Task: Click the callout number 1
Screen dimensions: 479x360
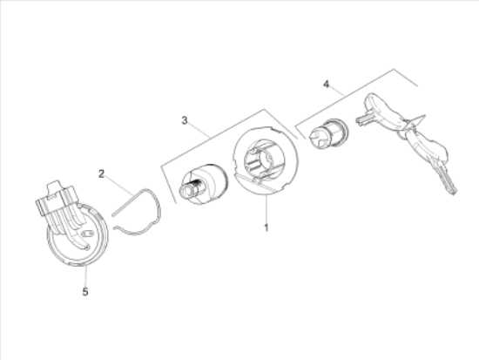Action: (266, 228)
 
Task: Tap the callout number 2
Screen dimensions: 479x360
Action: (101, 174)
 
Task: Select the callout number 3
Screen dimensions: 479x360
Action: (185, 120)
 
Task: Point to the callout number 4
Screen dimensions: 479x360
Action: (327, 84)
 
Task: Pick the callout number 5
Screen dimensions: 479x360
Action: (85, 292)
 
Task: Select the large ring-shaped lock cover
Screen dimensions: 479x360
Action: (265, 160)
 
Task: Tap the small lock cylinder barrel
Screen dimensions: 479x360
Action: (328, 134)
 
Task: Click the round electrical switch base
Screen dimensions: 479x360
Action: (78, 234)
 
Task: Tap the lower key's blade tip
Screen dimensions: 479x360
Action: (455, 192)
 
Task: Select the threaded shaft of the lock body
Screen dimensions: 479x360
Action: (190, 187)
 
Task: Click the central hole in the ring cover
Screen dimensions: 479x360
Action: (263, 160)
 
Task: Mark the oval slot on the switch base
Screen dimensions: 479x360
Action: (87, 234)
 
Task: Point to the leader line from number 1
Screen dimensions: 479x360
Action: (266, 209)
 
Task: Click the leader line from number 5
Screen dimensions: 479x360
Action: (86, 276)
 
